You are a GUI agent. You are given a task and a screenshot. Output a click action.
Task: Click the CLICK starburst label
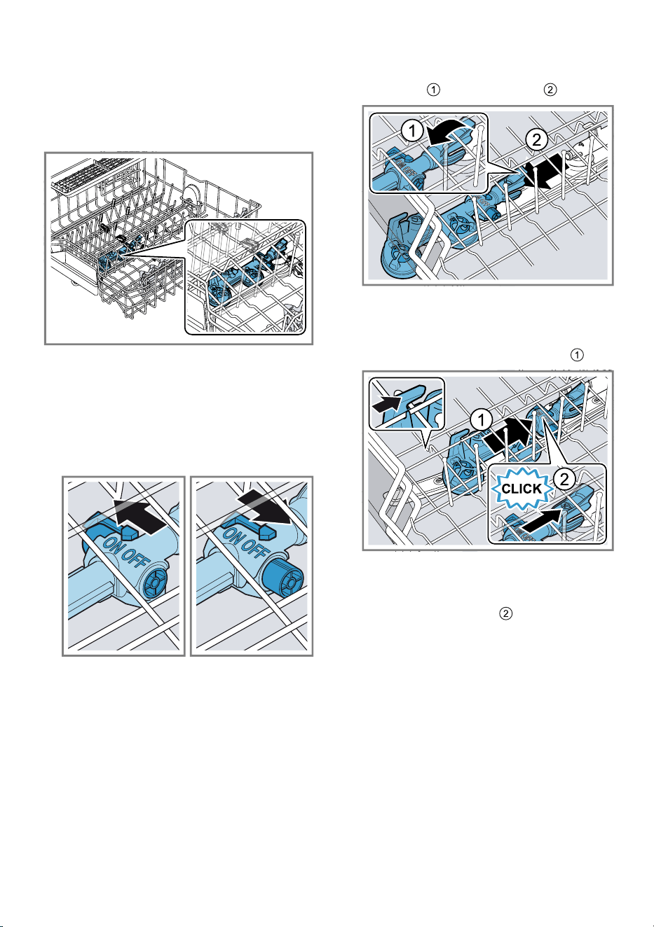pos(522,488)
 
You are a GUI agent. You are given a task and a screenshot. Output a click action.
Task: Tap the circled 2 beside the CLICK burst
pos(564,479)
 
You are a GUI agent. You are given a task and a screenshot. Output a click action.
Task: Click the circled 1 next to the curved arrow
pos(412,131)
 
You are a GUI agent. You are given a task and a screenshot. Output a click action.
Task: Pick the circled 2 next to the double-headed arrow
pos(536,139)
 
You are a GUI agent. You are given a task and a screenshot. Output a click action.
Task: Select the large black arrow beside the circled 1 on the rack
pos(507,437)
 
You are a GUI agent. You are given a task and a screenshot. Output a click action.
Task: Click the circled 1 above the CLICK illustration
pos(577,355)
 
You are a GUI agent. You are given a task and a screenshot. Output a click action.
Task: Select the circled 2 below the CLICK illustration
pos(505,614)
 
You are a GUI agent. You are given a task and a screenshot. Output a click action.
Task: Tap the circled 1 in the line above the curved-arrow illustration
pos(433,90)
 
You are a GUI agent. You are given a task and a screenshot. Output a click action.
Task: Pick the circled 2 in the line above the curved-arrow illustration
pos(550,90)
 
